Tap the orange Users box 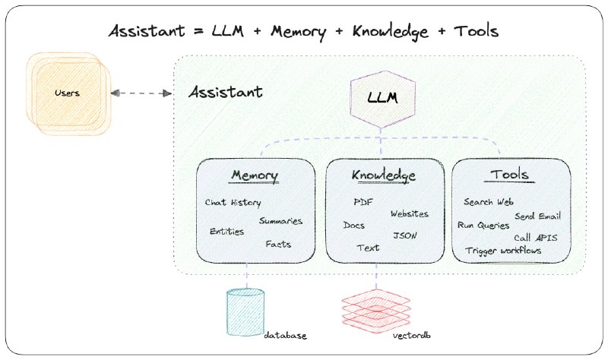68,93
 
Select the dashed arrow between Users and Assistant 141,93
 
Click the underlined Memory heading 255,176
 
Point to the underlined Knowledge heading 384,176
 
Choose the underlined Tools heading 509,176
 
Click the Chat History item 233,203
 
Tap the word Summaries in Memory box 280,221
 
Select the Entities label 226,232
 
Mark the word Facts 278,245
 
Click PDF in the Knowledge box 363,202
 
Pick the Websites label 409,214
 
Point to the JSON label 404,235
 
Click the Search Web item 489,202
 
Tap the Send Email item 537,216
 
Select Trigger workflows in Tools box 503,250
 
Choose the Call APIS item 535,238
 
